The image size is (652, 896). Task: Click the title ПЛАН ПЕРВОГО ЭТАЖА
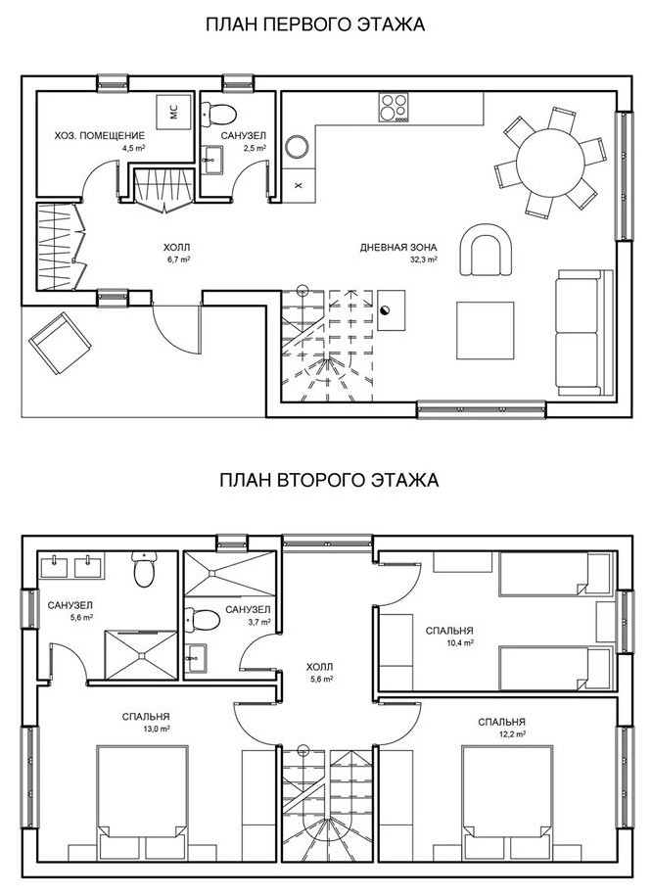pos(315,24)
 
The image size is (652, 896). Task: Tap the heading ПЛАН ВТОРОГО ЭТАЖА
pos(329,480)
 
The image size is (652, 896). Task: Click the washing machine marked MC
pos(173,112)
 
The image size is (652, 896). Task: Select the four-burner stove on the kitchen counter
pos(394,107)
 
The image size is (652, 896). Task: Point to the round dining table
pos(550,163)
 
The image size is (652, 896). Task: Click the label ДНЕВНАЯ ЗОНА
pos(398,248)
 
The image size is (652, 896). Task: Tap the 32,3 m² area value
pos(424,259)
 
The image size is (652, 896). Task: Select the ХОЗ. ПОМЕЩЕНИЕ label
pos(100,136)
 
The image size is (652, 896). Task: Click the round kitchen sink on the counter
pos(298,147)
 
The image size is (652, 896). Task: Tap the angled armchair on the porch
pos(60,343)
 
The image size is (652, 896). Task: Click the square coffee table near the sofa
pos(486,330)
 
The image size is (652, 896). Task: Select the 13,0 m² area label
pos(158,729)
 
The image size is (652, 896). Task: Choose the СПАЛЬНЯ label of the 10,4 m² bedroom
pos(449,631)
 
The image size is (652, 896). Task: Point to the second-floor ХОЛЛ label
pos(319,667)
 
